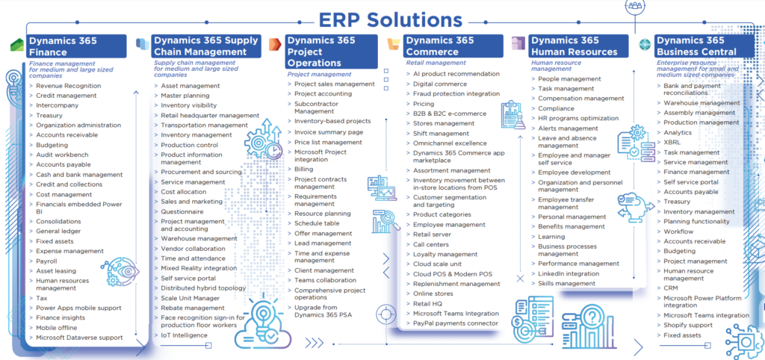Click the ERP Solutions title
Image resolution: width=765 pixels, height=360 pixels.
(390, 20)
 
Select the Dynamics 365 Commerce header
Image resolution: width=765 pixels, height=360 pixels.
(453, 46)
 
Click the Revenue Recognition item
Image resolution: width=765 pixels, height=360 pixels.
(68, 86)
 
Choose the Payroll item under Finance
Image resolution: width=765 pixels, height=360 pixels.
(46, 261)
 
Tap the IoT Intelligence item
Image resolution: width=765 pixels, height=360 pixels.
(184, 335)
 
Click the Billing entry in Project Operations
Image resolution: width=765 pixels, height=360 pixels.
(303, 170)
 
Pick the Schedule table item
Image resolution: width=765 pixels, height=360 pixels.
(316, 223)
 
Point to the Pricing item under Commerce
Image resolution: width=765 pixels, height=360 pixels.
(424, 104)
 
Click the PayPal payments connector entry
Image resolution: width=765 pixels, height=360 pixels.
(456, 323)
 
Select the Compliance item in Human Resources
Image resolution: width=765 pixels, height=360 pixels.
(556, 108)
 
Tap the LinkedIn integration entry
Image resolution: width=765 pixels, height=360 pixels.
(569, 273)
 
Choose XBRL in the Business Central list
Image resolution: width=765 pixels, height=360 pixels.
(672, 143)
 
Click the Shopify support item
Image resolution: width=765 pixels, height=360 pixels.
(688, 325)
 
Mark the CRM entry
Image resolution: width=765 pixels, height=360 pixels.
(670, 288)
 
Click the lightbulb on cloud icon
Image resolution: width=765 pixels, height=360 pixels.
(262, 323)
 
